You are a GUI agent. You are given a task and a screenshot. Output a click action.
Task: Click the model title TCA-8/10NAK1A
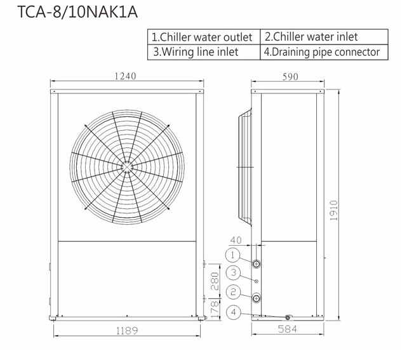pyautogui.click(x=77, y=12)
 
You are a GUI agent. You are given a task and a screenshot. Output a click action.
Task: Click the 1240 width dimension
pyautogui.click(x=125, y=76)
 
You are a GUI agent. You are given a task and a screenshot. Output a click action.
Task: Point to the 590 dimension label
pyautogui.click(x=290, y=77)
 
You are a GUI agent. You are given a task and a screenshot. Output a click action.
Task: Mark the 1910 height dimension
pyautogui.click(x=334, y=210)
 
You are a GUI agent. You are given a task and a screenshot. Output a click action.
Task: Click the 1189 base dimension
pyautogui.click(x=127, y=330)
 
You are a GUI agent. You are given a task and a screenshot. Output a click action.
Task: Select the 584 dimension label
pyautogui.click(x=287, y=329)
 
